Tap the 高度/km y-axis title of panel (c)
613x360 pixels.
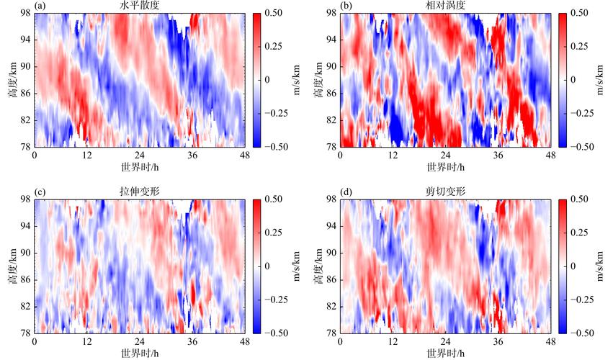pyautogui.click(x=10, y=266)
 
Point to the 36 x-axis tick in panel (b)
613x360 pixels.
pyautogui.click(x=498, y=156)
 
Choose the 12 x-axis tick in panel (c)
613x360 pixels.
pyautogui.click(x=87, y=341)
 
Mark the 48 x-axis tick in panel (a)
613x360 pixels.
pyautogui.click(x=244, y=156)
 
